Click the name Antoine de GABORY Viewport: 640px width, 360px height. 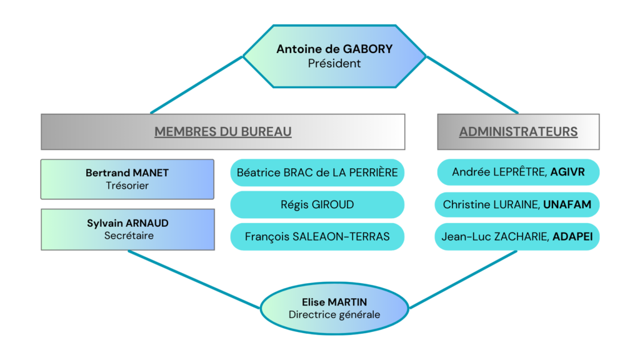(334, 49)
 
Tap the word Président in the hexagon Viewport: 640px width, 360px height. (334, 63)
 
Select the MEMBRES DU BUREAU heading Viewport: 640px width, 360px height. (223, 132)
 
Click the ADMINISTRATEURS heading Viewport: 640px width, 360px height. (518, 132)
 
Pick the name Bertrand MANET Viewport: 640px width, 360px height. (127, 173)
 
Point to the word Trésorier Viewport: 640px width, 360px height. (127, 185)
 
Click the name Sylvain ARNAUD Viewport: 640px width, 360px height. (127, 223)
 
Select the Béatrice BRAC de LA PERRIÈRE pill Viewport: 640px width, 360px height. (317, 172)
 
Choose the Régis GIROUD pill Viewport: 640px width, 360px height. (317, 204)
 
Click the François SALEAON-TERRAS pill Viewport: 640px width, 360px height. (317, 236)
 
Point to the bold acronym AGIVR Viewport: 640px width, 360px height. (567, 172)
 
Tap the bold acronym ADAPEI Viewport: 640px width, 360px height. (572, 236)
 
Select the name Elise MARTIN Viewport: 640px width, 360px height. (334, 302)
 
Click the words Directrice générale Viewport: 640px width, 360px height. (334, 314)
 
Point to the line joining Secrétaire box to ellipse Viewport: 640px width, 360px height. (194, 279)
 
